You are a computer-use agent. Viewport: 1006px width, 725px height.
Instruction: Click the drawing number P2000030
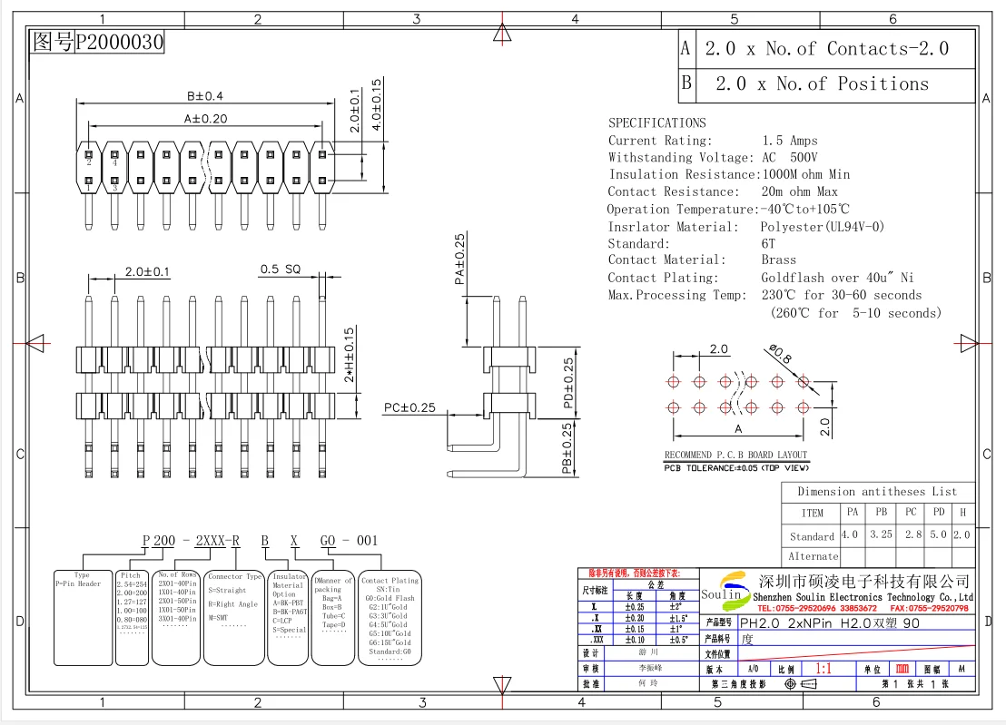coord(119,42)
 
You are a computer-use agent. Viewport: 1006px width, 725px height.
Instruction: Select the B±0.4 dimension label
coord(204,96)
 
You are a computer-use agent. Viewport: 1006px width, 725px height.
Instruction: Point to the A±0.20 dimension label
coord(205,119)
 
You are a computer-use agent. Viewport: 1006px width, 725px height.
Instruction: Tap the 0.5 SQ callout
coord(280,269)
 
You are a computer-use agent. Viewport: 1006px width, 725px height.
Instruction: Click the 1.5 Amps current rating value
coord(789,141)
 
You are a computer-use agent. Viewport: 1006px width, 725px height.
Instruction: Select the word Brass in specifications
coord(778,260)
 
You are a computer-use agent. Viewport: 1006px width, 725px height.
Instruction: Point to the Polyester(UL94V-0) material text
coord(822,227)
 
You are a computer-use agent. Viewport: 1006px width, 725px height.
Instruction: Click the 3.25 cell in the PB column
coord(880,534)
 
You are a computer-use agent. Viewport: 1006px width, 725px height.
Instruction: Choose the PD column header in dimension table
coord(938,512)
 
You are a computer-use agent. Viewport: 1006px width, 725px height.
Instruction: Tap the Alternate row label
coord(813,556)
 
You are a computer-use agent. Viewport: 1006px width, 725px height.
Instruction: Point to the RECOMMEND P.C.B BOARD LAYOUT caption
coord(735,456)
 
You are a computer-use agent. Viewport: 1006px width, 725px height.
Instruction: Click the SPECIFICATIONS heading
coord(656,122)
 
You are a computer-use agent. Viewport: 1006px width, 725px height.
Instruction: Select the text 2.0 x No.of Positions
coord(822,84)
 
